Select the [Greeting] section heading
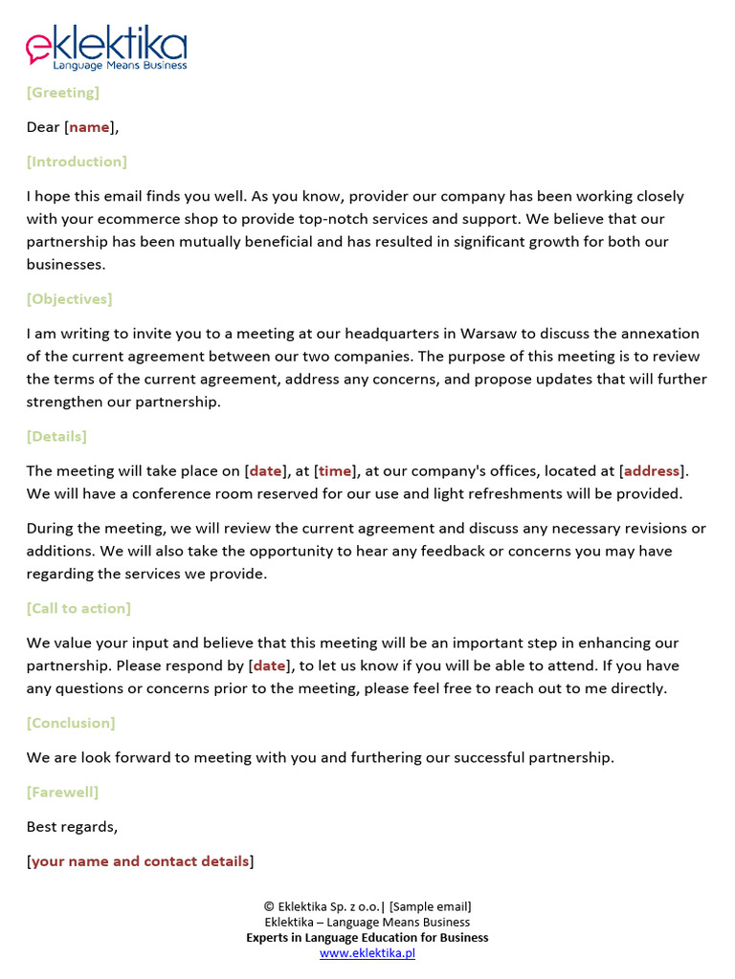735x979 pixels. pyautogui.click(x=63, y=93)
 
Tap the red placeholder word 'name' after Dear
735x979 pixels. pyautogui.click(x=90, y=127)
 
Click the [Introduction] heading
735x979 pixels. pyautogui.click(x=77, y=162)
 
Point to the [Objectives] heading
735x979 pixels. pyautogui.click(x=69, y=299)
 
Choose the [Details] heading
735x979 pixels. pyautogui.click(x=56, y=437)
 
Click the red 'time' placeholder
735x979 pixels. pyautogui.click(x=335, y=471)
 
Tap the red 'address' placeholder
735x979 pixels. pyautogui.click(x=652, y=471)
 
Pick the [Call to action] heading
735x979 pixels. pyautogui.click(x=78, y=609)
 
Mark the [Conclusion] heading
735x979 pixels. pyautogui.click(x=71, y=724)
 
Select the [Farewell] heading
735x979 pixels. pyautogui.click(x=62, y=793)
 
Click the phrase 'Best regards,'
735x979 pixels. pyautogui.click(x=73, y=827)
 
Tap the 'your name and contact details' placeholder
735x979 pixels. pyautogui.click(x=141, y=861)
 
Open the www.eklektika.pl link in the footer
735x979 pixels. pyautogui.click(x=367, y=953)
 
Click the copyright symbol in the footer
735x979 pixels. pyautogui.click(x=269, y=907)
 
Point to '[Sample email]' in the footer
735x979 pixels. pyautogui.click(x=431, y=907)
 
